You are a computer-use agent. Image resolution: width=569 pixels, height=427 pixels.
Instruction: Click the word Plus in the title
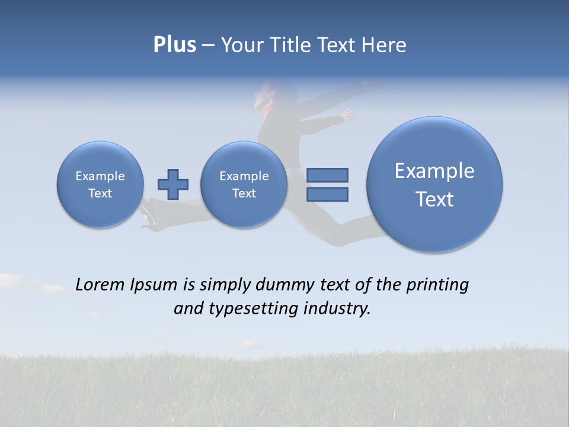pos(174,45)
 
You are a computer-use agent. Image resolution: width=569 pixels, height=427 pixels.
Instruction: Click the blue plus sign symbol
pos(173,184)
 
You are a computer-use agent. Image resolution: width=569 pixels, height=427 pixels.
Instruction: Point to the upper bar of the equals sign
pos(327,175)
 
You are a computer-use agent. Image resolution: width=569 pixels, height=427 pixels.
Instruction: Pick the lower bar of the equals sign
pos(327,194)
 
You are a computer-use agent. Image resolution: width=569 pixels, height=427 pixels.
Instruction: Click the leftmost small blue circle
pos(100,184)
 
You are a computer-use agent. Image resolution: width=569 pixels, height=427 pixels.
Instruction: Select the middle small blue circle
pos(244,184)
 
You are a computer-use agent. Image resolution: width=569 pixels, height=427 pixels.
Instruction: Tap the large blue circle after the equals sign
pos(434,184)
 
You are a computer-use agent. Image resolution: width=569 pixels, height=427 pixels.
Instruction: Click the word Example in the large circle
pos(434,171)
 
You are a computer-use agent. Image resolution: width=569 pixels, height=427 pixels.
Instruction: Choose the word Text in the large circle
pos(434,199)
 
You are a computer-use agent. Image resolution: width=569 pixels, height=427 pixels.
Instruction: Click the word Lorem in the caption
pos(100,285)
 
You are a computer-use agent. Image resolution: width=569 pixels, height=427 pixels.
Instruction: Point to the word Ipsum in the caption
pos(154,285)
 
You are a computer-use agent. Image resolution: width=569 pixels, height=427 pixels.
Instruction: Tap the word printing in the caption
pos(437,285)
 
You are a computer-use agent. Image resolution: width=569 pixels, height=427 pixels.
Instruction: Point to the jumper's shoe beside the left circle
pos(148,213)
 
